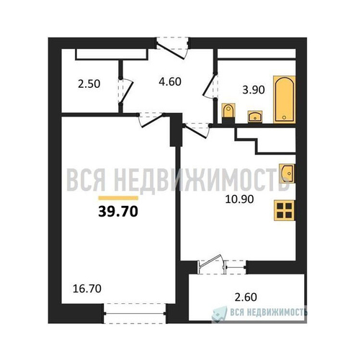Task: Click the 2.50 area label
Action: (x=89, y=84)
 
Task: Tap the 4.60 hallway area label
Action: (x=170, y=81)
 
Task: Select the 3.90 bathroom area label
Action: (x=254, y=90)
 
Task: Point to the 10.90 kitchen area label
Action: (x=239, y=199)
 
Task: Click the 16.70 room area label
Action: (x=86, y=289)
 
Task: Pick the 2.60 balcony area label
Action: (x=246, y=297)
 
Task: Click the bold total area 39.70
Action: (x=118, y=212)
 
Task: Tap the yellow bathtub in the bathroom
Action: (x=285, y=99)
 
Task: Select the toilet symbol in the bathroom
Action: (x=228, y=113)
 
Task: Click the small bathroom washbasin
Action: (x=255, y=117)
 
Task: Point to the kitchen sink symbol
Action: (x=287, y=173)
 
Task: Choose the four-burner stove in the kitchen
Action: (x=285, y=210)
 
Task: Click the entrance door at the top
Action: (x=172, y=48)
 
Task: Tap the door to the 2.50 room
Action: (x=125, y=91)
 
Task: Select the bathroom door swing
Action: (x=210, y=86)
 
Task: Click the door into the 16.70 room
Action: (x=151, y=120)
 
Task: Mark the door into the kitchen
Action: (x=197, y=131)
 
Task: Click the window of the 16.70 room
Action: (x=135, y=313)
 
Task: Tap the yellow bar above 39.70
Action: (x=118, y=198)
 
